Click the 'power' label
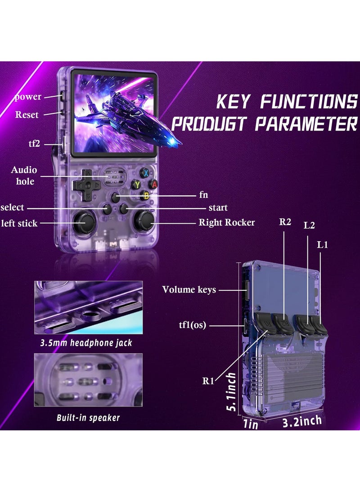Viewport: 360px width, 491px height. [27, 97]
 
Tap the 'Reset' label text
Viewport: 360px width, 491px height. [27, 115]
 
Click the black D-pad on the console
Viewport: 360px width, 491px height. [85, 185]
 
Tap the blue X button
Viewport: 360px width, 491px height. [146, 173]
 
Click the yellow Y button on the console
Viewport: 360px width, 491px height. [136, 184]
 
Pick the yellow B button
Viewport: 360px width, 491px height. [145, 195]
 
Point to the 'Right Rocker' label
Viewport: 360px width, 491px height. [227, 222]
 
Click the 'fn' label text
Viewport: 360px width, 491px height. [203, 196]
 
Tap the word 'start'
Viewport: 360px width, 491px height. [218, 208]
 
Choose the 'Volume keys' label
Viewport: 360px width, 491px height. [189, 290]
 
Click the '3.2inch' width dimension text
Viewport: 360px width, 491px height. [302, 421]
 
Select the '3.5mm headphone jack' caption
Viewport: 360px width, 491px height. [86, 343]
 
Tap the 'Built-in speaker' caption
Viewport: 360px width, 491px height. [88, 418]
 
